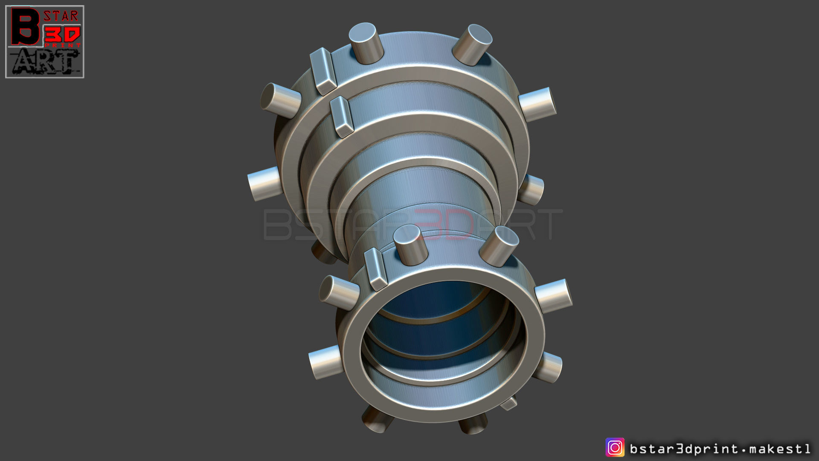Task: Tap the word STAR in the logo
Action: click(x=61, y=16)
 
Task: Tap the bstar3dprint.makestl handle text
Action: click(x=720, y=449)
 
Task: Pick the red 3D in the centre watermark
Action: click(x=444, y=224)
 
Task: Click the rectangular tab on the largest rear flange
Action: click(x=323, y=71)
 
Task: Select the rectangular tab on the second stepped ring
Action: click(x=342, y=117)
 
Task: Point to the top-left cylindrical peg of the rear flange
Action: click(x=366, y=43)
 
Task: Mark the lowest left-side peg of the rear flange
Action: click(x=264, y=184)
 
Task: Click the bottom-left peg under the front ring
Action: click(x=378, y=419)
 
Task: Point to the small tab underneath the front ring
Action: click(x=509, y=403)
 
